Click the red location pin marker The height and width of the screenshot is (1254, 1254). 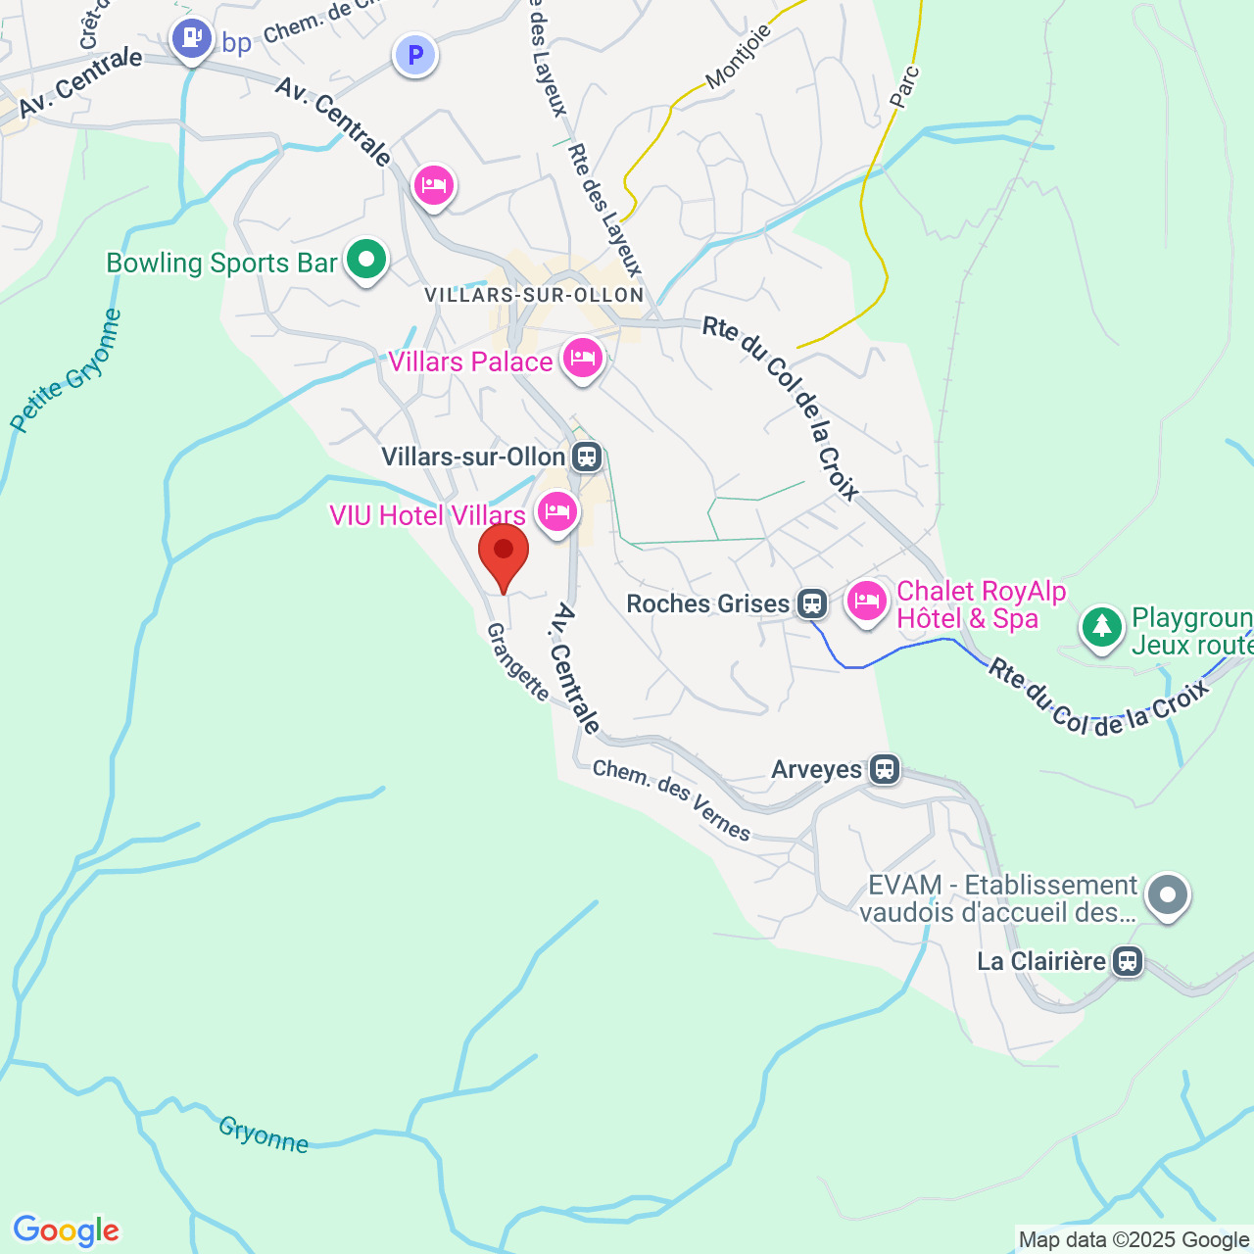(x=504, y=553)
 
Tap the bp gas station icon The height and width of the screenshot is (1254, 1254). (x=192, y=39)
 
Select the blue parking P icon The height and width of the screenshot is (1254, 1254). (x=415, y=55)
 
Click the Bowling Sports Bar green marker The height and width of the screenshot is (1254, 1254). (x=366, y=261)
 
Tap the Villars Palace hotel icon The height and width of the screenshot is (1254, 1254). (x=582, y=359)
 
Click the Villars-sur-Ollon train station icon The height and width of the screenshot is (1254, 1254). (x=587, y=457)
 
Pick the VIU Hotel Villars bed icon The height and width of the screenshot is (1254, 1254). (x=556, y=511)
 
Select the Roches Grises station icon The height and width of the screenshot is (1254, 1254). (x=811, y=603)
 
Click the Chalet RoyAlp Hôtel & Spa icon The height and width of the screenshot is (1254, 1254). (x=866, y=600)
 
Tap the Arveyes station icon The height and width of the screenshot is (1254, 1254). (x=885, y=769)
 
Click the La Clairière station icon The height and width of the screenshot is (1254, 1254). (x=1128, y=961)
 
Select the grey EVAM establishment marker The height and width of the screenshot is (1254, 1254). (x=1168, y=894)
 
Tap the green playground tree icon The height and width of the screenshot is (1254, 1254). (x=1102, y=626)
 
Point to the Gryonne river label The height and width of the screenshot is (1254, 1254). (x=263, y=1134)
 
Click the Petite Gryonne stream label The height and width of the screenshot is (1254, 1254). (x=67, y=372)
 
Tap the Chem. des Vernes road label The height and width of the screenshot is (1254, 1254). (x=671, y=800)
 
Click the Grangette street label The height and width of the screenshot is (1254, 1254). (x=518, y=662)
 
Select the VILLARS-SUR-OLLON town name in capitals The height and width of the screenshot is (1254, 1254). (x=534, y=295)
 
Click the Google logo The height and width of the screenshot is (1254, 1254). (x=66, y=1230)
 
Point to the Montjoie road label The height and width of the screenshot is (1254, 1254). (x=739, y=56)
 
